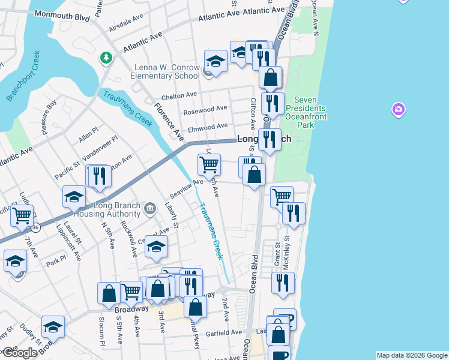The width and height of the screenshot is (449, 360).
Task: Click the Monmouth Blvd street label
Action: [x=62, y=14]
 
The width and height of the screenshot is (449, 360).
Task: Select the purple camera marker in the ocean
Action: [x=398, y=110]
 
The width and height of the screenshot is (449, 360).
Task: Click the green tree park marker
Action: [x=106, y=58]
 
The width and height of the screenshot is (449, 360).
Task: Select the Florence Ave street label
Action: [x=167, y=121]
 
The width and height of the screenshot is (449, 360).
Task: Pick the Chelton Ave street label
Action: [x=179, y=95]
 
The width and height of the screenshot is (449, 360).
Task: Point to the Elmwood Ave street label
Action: [x=208, y=127]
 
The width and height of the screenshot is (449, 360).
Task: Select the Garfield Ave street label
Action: [x=223, y=332]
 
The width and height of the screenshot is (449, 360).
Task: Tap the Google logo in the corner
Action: [x=19, y=353]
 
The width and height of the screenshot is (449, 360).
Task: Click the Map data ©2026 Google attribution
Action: [x=411, y=355]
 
